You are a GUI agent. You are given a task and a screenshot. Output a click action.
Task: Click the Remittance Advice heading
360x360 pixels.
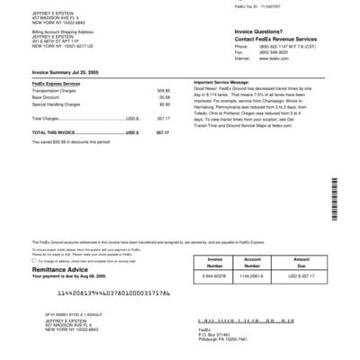[x=60, y=268]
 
